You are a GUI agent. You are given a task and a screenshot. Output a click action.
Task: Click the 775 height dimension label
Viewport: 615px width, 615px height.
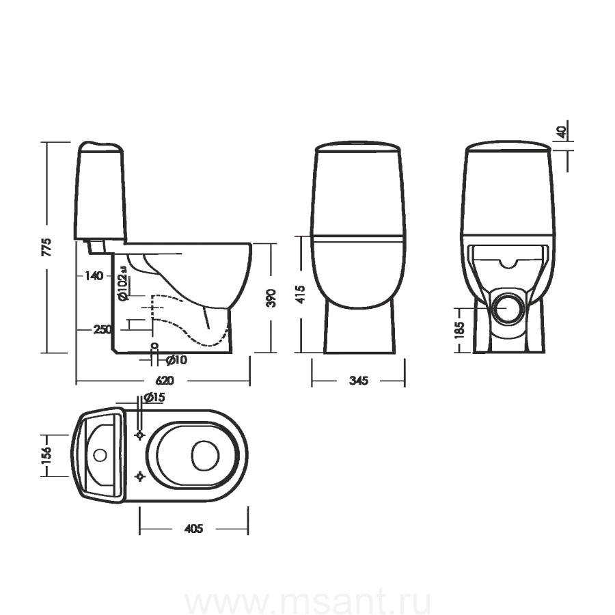[46, 247]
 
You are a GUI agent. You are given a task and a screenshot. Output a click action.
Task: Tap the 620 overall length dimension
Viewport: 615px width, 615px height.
[165, 381]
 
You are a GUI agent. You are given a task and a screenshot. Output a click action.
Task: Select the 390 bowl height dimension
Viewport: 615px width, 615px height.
[271, 298]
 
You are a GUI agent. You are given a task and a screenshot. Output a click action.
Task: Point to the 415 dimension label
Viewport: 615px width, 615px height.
[300, 294]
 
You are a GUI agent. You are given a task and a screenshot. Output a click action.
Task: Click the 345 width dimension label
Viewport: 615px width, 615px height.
[359, 381]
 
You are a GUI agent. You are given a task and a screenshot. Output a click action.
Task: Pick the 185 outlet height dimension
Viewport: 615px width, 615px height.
[459, 330]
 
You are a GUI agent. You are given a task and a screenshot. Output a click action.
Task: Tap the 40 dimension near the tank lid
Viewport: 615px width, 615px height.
[562, 132]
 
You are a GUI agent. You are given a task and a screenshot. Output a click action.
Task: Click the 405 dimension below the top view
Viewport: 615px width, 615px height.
[194, 529]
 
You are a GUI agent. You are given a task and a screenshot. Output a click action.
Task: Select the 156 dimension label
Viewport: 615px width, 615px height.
[46, 455]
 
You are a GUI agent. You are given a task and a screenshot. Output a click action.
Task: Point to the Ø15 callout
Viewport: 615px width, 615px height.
[154, 397]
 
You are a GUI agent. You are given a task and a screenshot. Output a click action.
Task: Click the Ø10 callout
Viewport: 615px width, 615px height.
[176, 359]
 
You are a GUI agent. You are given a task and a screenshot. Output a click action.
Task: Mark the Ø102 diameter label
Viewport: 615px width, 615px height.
[123, 284]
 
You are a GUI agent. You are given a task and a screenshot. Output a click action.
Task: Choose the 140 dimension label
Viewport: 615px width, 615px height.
[94, 276]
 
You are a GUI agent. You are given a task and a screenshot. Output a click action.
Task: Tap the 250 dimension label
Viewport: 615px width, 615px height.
[102, 329]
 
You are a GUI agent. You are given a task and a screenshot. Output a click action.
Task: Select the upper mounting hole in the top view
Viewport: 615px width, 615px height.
[139, 435]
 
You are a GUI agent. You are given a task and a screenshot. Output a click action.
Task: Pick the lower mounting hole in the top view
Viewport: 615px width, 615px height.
[139, 476]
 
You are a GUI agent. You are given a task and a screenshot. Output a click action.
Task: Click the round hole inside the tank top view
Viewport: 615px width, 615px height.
[100, 455]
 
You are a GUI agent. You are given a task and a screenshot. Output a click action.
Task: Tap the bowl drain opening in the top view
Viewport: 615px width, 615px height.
[205, 455]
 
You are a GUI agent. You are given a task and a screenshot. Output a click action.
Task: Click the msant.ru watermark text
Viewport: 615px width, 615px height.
[307, 603]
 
